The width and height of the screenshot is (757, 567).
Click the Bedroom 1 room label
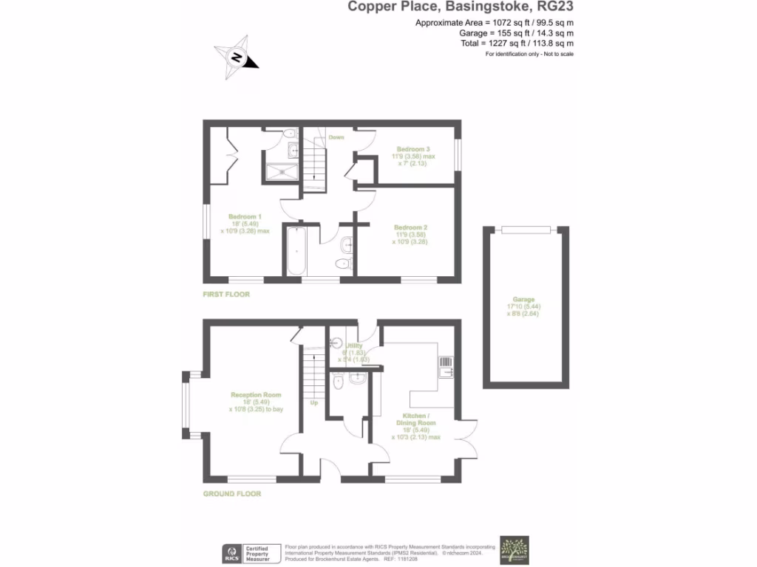coord(245,217)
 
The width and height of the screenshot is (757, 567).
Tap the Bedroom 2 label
coord(411,227)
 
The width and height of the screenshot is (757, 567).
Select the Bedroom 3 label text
coord(413,148)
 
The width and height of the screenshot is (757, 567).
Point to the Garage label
coord(524,300)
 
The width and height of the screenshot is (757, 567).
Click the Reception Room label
coord(256,395)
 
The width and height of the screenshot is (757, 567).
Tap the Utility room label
coord(354,346)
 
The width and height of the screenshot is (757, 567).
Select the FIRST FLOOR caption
coord(227,295)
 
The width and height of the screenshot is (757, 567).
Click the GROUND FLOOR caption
coord(232,494)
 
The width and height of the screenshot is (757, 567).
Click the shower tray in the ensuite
coord(281,172)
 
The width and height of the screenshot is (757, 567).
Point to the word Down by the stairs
coord(336,137)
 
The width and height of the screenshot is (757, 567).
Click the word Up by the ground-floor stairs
coord(314,403)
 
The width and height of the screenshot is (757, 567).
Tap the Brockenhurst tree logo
coord(515,551)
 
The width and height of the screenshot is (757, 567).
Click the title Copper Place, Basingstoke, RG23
coord(461,7)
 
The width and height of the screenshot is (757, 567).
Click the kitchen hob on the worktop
coord(445,362)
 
